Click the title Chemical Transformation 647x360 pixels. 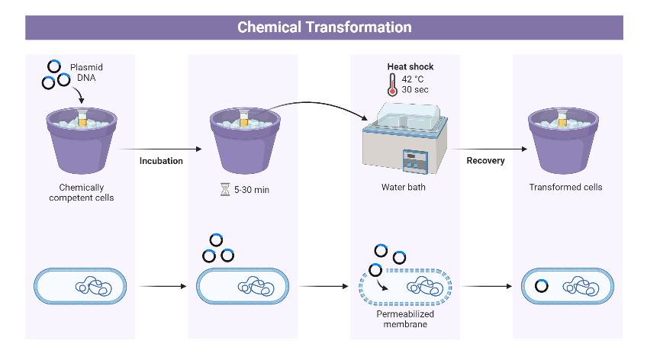pos(324,27)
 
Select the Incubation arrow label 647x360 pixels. pos(161,161)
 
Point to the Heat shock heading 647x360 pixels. pos(410,67)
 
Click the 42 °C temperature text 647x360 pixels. pos(415,79)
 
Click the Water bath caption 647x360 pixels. pos(404,187)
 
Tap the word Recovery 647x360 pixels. pos(485,161)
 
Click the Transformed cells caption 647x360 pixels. pos(565,187)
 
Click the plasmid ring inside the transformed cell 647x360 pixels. pos(542,287)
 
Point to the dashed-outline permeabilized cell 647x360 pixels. pos(405,287)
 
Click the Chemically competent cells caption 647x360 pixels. pos(81,192)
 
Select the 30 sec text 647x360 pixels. pos(415,90)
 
